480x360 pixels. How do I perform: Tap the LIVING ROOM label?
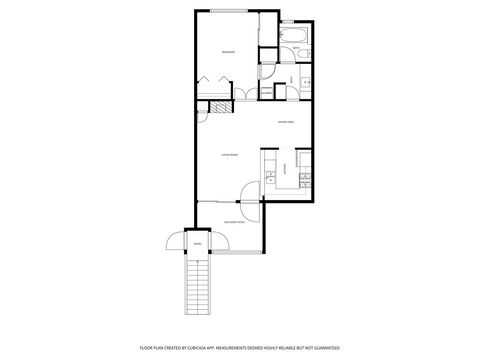tap(228, 156)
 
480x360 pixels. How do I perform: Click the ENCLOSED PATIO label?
tap(234, 222)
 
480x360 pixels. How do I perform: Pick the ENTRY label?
tap(197, 243)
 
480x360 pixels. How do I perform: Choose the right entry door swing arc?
tap(220, 243)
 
